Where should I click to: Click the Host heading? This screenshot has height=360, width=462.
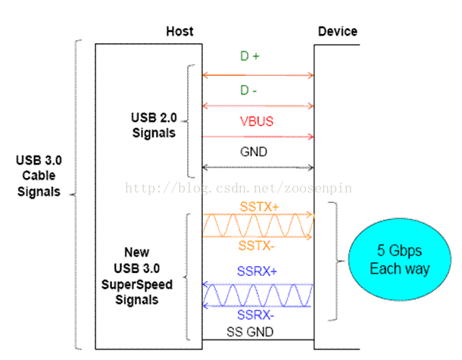(x=179, y=31)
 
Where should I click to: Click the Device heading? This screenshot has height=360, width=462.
(x=337, y=31)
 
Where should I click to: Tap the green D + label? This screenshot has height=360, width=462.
(x=250, y=56)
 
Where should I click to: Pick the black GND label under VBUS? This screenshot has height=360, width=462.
(x=253, y=152)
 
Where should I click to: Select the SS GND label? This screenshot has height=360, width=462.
(x=250, y=331)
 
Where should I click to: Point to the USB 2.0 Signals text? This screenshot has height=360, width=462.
(x=154, y=126)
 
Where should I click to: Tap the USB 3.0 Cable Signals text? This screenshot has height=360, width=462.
(x=38, y=176)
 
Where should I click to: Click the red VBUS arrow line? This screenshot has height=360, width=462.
(x=257, y=137)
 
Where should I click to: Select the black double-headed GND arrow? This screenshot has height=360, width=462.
(x=257, y=167)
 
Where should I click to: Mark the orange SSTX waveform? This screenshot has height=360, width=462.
(x=257, y=225)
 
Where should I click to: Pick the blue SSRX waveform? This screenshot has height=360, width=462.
(x=257, y=295)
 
